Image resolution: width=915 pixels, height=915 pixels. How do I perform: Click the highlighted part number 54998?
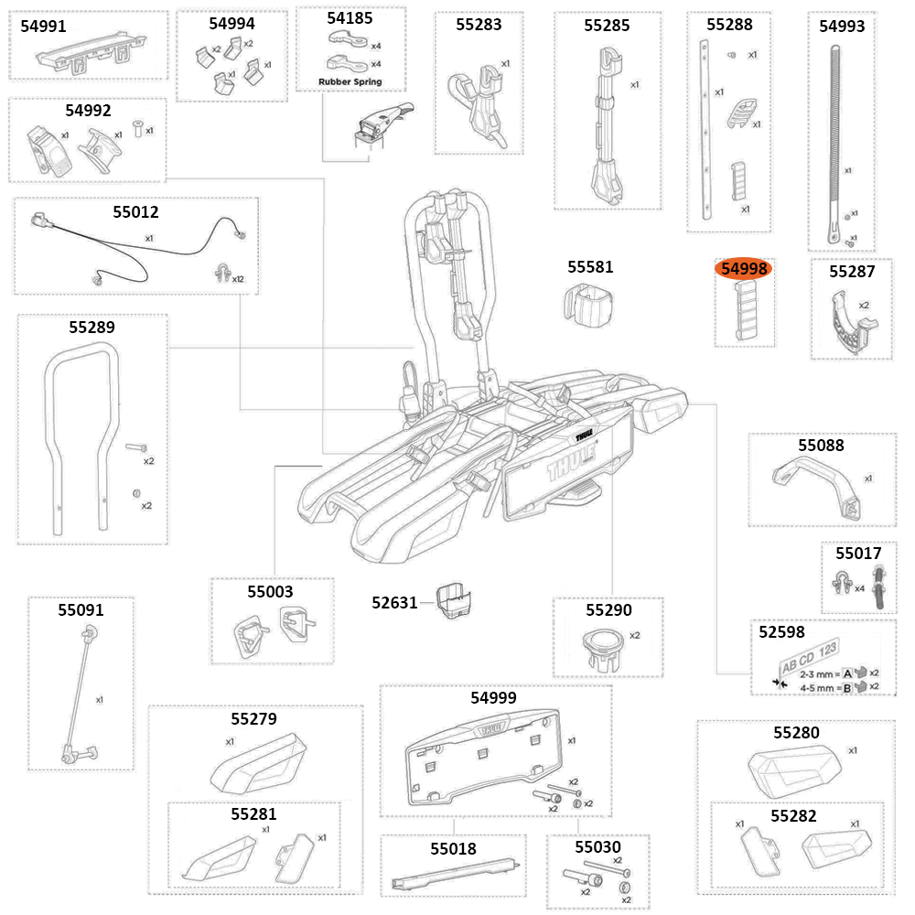point(745,269)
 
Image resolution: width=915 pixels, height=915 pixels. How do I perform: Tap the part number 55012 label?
point(135,212)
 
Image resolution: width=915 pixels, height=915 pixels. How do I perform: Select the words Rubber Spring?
point(350,82)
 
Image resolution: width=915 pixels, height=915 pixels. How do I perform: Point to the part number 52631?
point(394,603)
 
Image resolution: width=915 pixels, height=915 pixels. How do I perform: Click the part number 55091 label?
point(81,609)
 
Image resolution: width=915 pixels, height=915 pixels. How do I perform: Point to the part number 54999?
point(493,697)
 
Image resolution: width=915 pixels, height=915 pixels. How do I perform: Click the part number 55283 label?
point(479,25)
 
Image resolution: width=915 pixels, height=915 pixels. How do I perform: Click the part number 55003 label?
point(270,592)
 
